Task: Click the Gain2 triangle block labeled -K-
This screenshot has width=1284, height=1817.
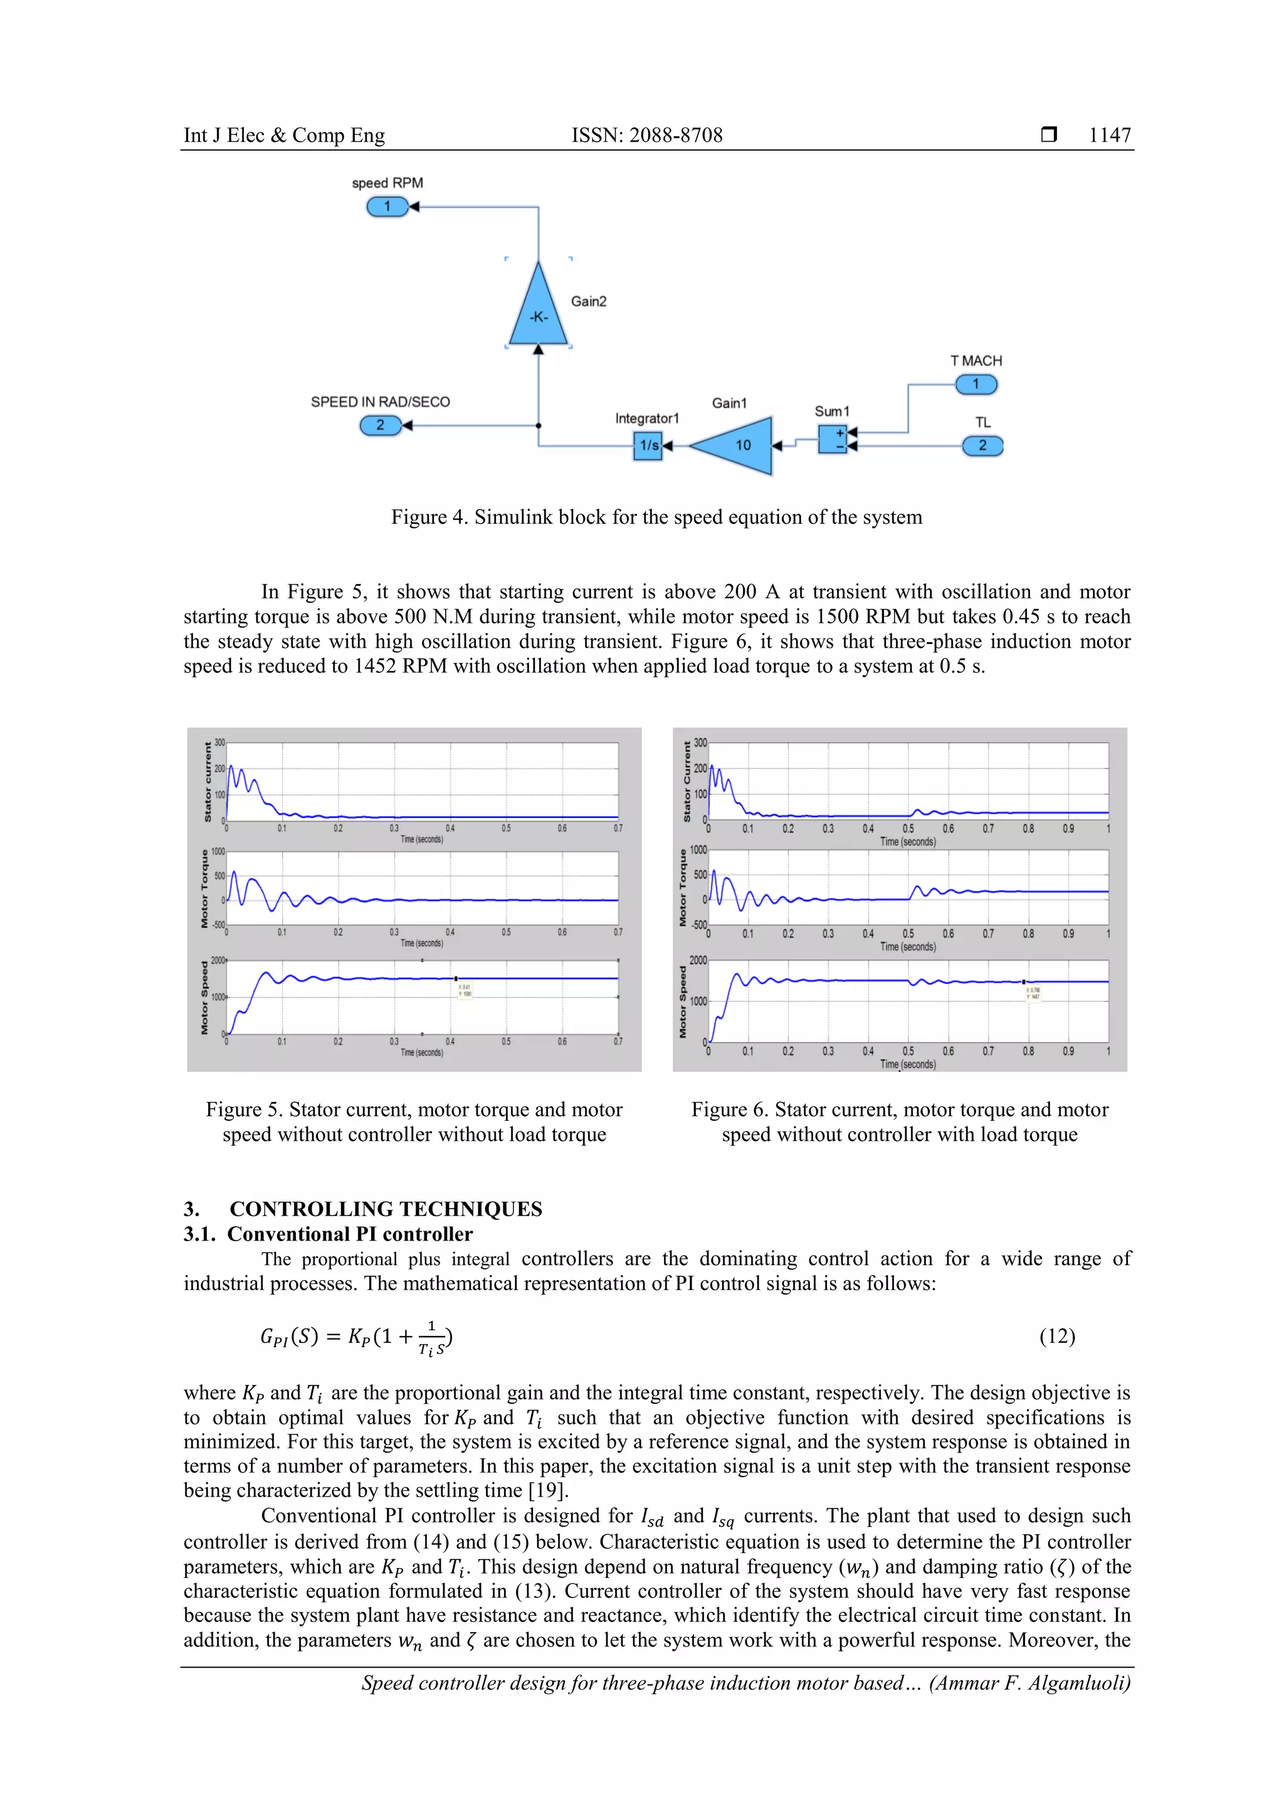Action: click(x=538, y=312)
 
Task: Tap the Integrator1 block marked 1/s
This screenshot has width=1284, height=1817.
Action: click(x=648, y=445)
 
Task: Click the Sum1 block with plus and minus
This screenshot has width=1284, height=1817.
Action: click(x=832, y=439)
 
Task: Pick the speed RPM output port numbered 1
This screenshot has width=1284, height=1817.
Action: click(x=387, y=206)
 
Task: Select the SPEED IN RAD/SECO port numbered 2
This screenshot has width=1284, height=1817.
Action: click(x=380, y=426)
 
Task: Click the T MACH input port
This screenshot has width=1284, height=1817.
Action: click(x=976, y=384)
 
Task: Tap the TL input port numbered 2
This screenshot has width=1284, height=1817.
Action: click(x=982, y=445)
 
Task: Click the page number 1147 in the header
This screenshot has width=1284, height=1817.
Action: click(x=1109, y=135)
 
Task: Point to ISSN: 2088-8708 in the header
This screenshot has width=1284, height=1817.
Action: click(x=646, y=135)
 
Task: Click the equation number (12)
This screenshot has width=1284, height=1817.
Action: click(x=1056, y=1337)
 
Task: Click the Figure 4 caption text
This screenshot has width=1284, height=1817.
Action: click(x=656, y=517)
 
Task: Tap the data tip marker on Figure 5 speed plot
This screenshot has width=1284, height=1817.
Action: click(x=456, y=979)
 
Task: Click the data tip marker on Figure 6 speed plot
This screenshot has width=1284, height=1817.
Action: click(x=1024, y=982)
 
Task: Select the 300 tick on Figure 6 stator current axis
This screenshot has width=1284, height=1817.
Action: click(x=700, y=743)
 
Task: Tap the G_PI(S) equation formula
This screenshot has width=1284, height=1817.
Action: click(x=356, y=1337)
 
